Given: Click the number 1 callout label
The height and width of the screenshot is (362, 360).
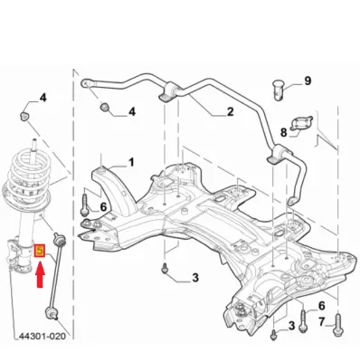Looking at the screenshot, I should pos(130,163).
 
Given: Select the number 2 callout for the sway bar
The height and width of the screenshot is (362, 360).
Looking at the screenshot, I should pos(230,112).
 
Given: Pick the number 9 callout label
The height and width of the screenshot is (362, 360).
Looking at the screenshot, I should pos(308,81).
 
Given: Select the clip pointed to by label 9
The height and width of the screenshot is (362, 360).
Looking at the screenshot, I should pos(279,89).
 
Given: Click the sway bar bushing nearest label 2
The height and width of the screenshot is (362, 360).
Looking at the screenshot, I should pos(166,93).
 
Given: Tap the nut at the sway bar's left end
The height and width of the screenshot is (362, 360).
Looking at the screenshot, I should pos(106,110).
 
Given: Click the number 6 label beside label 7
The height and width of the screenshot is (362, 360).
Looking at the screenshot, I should pos(321,305).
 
